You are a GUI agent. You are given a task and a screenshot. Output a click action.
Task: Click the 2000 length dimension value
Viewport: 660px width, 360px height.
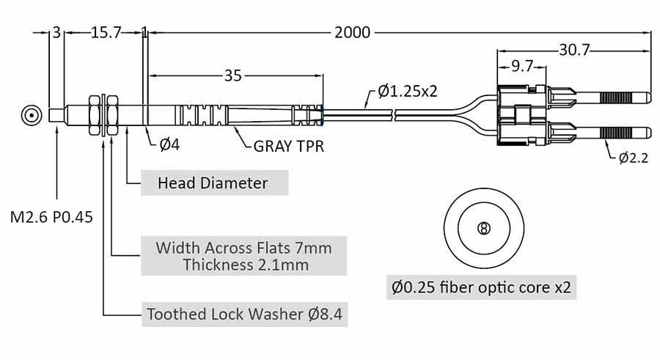tap(352, 32)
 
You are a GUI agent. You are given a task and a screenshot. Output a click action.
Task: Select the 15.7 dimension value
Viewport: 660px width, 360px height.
tap(105, 32)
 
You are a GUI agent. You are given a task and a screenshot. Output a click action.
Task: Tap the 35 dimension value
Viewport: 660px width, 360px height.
tap(233, 75)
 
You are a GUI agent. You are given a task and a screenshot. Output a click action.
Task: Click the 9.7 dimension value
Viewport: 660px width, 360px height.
tap(521, 67)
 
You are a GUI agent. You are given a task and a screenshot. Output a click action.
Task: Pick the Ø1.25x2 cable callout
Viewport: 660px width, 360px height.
tap(408, 91)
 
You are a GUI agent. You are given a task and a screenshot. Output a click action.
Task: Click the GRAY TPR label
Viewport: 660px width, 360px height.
tap(289, 145)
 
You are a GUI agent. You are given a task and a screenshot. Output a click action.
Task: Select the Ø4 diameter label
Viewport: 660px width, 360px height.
tap(169, 144)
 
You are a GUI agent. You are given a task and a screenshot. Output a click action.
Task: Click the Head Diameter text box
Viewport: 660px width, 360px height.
tap(213, 183)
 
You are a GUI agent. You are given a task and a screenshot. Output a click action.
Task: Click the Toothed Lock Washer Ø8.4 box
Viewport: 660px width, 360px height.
tap(245, 315)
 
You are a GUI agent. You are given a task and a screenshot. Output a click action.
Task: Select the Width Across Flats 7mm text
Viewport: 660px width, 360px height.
tap(243, 247)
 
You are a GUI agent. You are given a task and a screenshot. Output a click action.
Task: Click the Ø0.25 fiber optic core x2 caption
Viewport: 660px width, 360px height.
tap(482, 287)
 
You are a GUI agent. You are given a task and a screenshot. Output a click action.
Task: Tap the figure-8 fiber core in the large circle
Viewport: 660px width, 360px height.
tap(483, 228)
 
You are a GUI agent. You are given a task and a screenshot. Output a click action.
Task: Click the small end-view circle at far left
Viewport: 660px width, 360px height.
tap(31, 116)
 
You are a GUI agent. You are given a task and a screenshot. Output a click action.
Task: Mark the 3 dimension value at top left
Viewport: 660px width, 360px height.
tap(56, 32)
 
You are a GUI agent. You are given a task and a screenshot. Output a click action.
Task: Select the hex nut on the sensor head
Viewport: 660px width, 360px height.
tap(94, 115)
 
